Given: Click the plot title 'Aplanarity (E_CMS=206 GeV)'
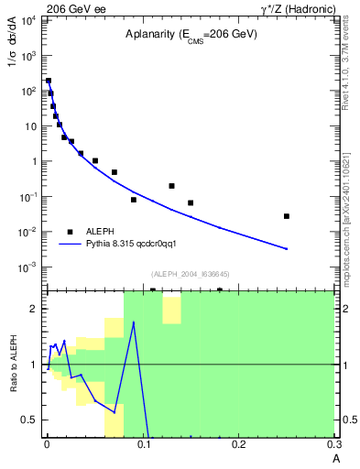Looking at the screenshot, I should click(x=191, y=35).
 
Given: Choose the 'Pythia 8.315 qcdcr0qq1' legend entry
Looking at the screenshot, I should click(x=137, y=244).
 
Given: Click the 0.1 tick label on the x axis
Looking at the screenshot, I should click(x=143, y=444).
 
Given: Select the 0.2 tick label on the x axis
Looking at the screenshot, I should click(x=239, y=444).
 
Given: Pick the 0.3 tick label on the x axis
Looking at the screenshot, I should click(x=334, y=444).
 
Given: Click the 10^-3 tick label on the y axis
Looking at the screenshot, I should click(x=28, y=267).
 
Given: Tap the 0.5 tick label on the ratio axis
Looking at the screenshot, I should click(x=32, y=420).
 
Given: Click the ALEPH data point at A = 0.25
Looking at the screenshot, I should click(x=287, y=216).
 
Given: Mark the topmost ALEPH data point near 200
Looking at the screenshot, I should click(x=49, y=81).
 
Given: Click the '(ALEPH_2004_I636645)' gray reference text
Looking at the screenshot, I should click(x=190, y=273).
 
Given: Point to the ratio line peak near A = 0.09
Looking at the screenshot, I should click(x=134, y=322).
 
